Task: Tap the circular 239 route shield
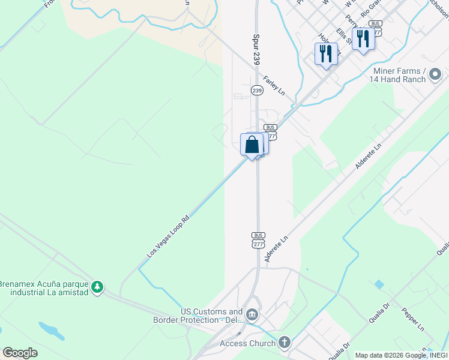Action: point(257,91)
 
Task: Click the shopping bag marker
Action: point(252,145)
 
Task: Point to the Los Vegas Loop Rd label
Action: point(169,236)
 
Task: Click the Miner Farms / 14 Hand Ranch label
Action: point(397,75)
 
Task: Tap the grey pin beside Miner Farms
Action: point(436,75)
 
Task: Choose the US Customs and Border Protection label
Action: point(212,315)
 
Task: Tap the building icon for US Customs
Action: point(252,315)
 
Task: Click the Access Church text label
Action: point(247,343)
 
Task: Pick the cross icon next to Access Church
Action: point(285,343)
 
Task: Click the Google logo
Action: point(20,353)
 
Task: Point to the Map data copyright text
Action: point(400,355)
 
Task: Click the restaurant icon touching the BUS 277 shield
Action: point(363,39)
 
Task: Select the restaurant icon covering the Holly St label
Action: point(325,53)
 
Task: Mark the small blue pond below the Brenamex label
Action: point(52,331)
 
